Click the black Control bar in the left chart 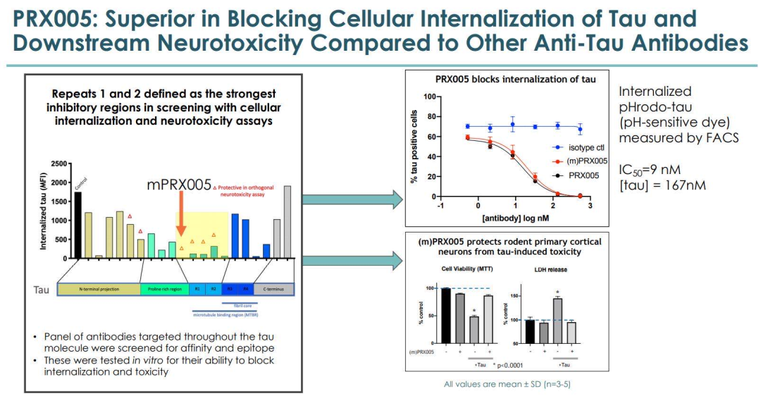78,225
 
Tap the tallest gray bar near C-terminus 287,222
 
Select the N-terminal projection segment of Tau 99,289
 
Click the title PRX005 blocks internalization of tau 515,79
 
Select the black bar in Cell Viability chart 445,314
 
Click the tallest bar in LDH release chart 557,319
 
